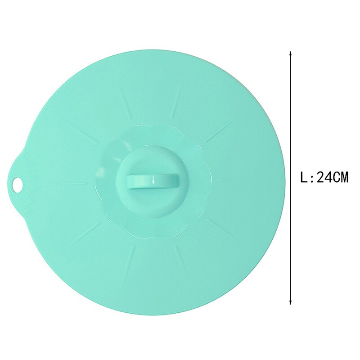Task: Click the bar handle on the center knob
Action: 152,181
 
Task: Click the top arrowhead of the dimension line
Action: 291,53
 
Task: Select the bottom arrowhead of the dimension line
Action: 291,303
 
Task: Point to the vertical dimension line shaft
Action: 291,135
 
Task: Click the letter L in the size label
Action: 304,177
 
